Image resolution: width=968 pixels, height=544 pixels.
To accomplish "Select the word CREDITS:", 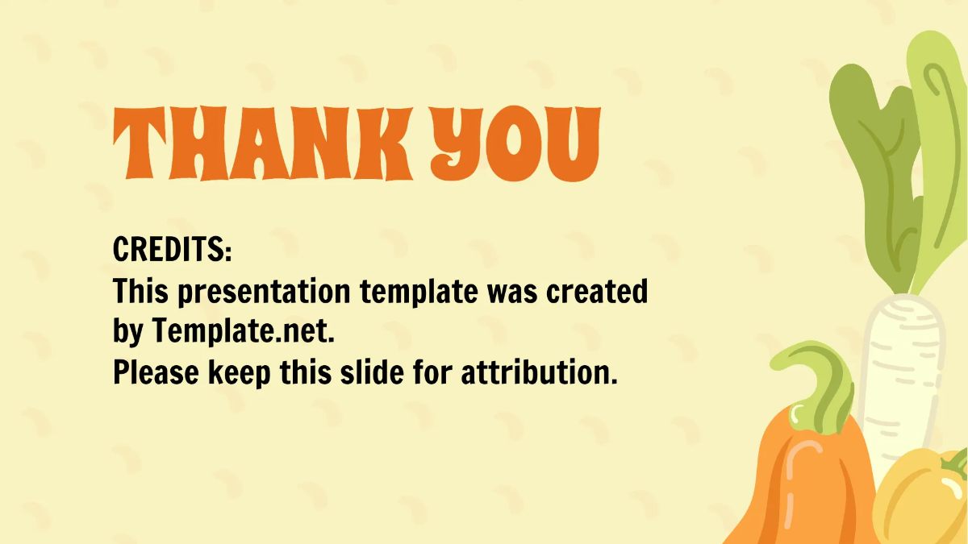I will click(173, 251).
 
